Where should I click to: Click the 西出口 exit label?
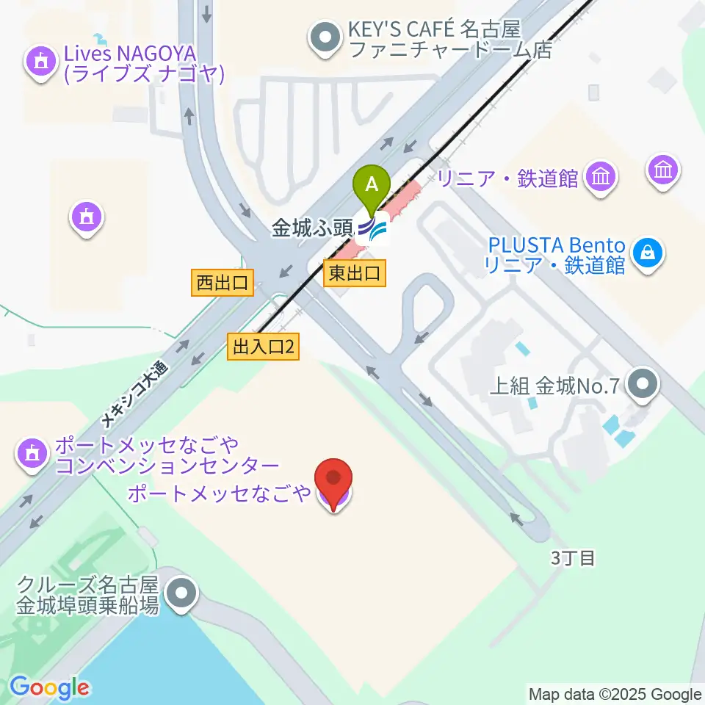tap(223, 282)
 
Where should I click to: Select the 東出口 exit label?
tap(354, 274)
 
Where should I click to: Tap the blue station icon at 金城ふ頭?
tap(373, 230)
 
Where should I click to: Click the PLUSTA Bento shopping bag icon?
tap(648, 254)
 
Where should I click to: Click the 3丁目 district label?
tap(573, 558)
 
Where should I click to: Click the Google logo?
tap(49, 687)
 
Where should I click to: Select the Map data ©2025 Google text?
tap(615, 694)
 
